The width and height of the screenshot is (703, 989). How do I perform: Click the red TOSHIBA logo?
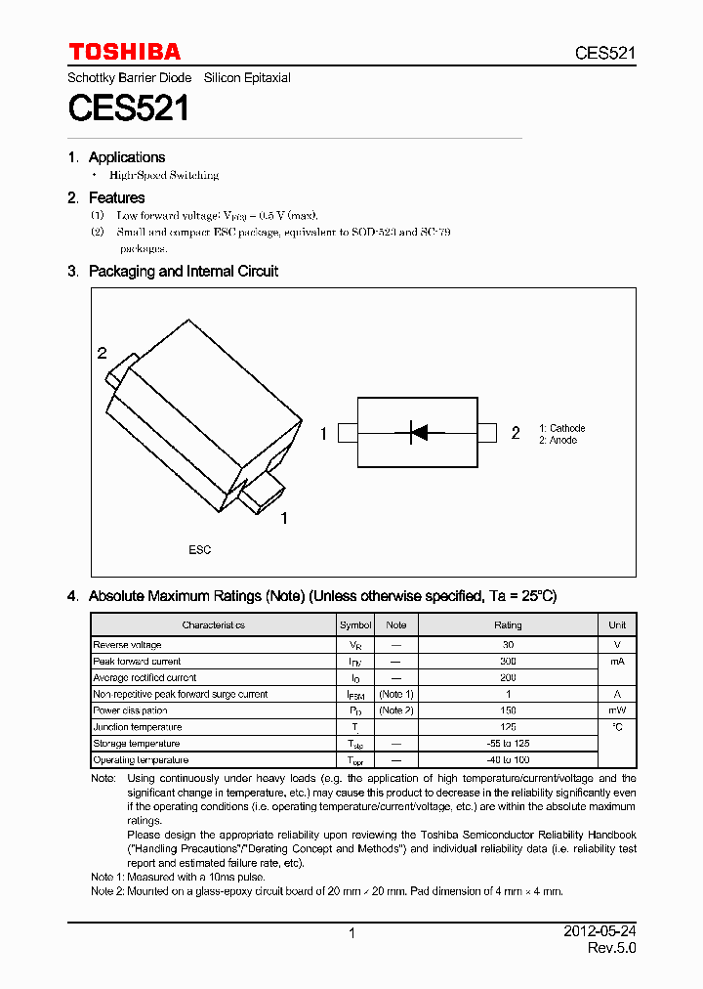point(124,52)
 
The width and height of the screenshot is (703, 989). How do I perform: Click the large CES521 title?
point(128,107)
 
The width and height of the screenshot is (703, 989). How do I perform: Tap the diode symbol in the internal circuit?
point(417,432)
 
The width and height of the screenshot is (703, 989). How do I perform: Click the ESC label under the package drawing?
point(199,550)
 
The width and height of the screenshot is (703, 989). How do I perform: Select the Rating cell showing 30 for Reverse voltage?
point(508,645)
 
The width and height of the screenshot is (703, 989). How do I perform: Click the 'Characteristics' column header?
point(213,625)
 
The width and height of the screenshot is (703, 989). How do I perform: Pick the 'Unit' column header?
point(617,625)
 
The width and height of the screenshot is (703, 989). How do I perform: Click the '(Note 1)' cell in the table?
point(396,694)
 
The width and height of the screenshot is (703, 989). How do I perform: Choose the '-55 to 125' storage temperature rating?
point(508,744)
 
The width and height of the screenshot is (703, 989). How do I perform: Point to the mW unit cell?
point(617,710)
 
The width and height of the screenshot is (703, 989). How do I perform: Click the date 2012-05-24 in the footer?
point(600,932)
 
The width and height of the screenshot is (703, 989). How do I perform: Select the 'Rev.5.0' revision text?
point(611,949)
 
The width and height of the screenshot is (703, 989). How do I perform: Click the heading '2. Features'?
point(106,197)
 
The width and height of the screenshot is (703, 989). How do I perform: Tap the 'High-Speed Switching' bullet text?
point(163,176)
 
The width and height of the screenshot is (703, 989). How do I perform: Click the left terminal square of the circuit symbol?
point(347,433)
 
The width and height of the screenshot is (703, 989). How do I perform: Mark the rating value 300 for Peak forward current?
point(508,662)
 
